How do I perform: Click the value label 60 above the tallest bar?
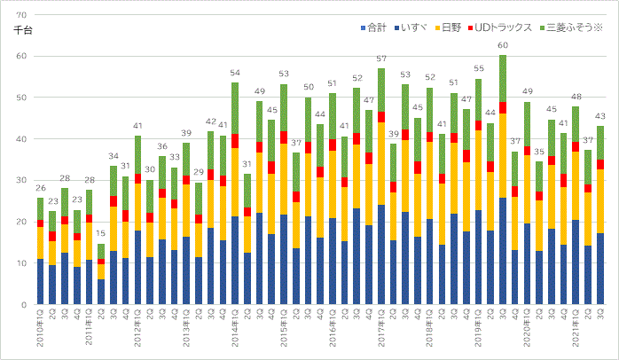coord(503,45)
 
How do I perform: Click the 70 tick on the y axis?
coord(21,15)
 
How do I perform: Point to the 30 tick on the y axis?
coord(21,181)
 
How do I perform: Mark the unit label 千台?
coord(23,31)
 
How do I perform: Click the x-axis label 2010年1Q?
coord(40,331)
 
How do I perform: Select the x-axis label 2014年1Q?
coord(235,331)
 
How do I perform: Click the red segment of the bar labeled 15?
coord(100,262)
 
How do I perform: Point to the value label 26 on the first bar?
coord(40,188)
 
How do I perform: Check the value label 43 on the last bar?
coord(599,117)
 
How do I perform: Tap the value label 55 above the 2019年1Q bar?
coord(478,68)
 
